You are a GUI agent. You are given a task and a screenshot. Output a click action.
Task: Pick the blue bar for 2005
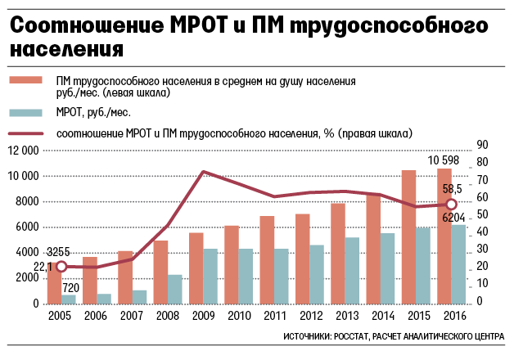pyautogui.click(x=69, y=299)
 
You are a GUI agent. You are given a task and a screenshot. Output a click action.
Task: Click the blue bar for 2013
pyautogui.click(x=351, y=271)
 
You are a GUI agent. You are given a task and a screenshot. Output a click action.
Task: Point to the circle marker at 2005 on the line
pyautogui.click(x=61, y=267)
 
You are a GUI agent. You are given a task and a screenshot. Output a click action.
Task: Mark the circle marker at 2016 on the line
pyautogui.click(x=450, y=205)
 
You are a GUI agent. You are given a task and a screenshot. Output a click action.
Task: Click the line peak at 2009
pyautogui.click(x=202, y=172)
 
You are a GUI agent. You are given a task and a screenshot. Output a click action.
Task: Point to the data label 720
pyautogui.click(x=70, y=287)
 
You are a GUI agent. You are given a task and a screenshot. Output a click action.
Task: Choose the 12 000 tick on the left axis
pyautogui.click(x=23, y=151)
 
